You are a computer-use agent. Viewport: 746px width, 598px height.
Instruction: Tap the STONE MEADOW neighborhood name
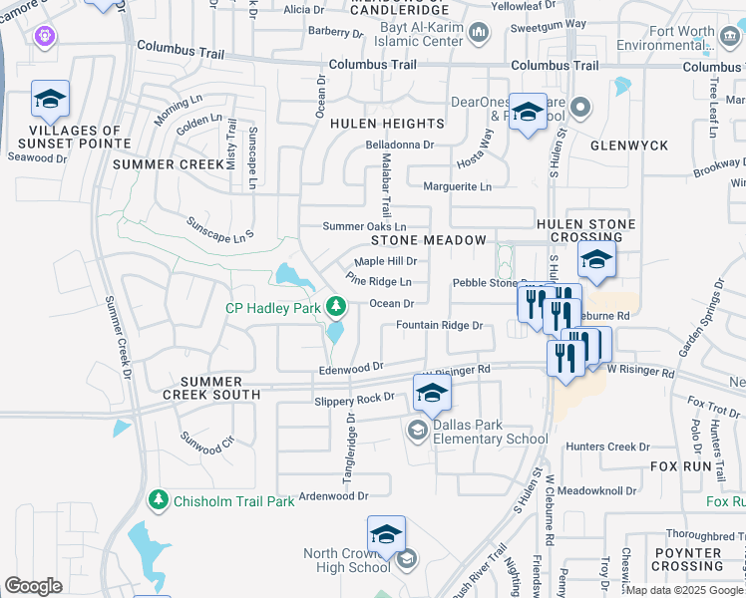[429, 240]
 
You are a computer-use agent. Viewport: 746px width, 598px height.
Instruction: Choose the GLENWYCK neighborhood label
[629, 146]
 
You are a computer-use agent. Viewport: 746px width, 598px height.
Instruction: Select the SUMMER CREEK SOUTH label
[220, 388]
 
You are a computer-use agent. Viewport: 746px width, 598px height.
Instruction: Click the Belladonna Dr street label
[400, 145]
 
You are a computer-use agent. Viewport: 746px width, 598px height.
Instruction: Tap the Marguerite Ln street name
[458, 186]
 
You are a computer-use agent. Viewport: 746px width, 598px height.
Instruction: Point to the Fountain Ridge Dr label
[439, 325]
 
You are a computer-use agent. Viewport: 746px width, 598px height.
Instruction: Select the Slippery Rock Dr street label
[354, 399]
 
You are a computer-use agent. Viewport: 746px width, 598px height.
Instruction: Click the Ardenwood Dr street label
[334, 494]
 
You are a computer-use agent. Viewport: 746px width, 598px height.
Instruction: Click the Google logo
[33, 586]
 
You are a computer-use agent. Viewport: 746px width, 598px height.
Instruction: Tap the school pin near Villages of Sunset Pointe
[50, 99]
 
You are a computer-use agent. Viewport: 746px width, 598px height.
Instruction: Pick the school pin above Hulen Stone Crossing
[595, 261]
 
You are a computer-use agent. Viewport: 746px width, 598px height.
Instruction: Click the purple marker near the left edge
[42, 38]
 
